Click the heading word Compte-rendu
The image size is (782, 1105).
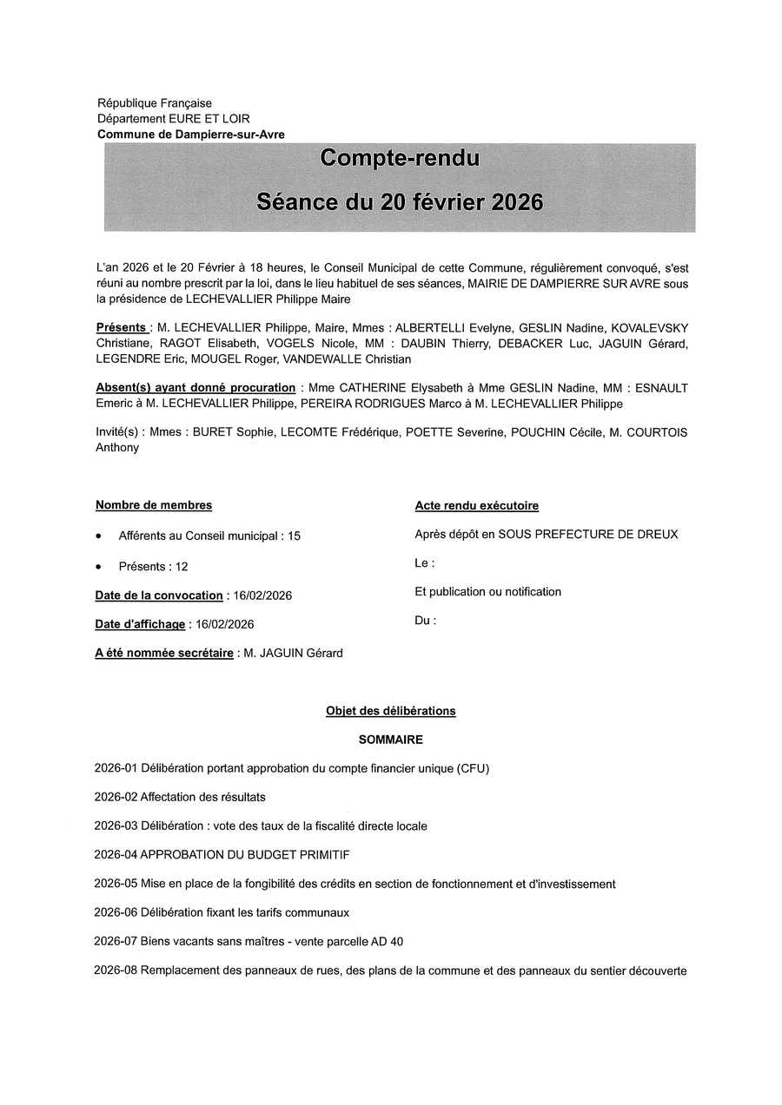point(400,158)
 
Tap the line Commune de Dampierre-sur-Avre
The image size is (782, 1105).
point(190,135)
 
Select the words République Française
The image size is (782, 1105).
point(155,103)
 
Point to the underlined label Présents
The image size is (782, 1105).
point(121,327)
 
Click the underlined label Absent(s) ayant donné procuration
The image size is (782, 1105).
point(195,387)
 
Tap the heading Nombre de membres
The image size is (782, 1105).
point(154,505)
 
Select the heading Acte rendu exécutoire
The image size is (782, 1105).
point(477,505)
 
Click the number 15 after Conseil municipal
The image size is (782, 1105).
point(294,536)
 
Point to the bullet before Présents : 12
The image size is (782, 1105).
point(100,567)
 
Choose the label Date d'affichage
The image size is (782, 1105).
point(140,624)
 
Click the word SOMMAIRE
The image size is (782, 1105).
point(391,740)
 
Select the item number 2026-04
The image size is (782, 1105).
point(116,855)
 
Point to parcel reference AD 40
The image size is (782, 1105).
point(384,942)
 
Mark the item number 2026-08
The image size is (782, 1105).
point(116,970)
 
